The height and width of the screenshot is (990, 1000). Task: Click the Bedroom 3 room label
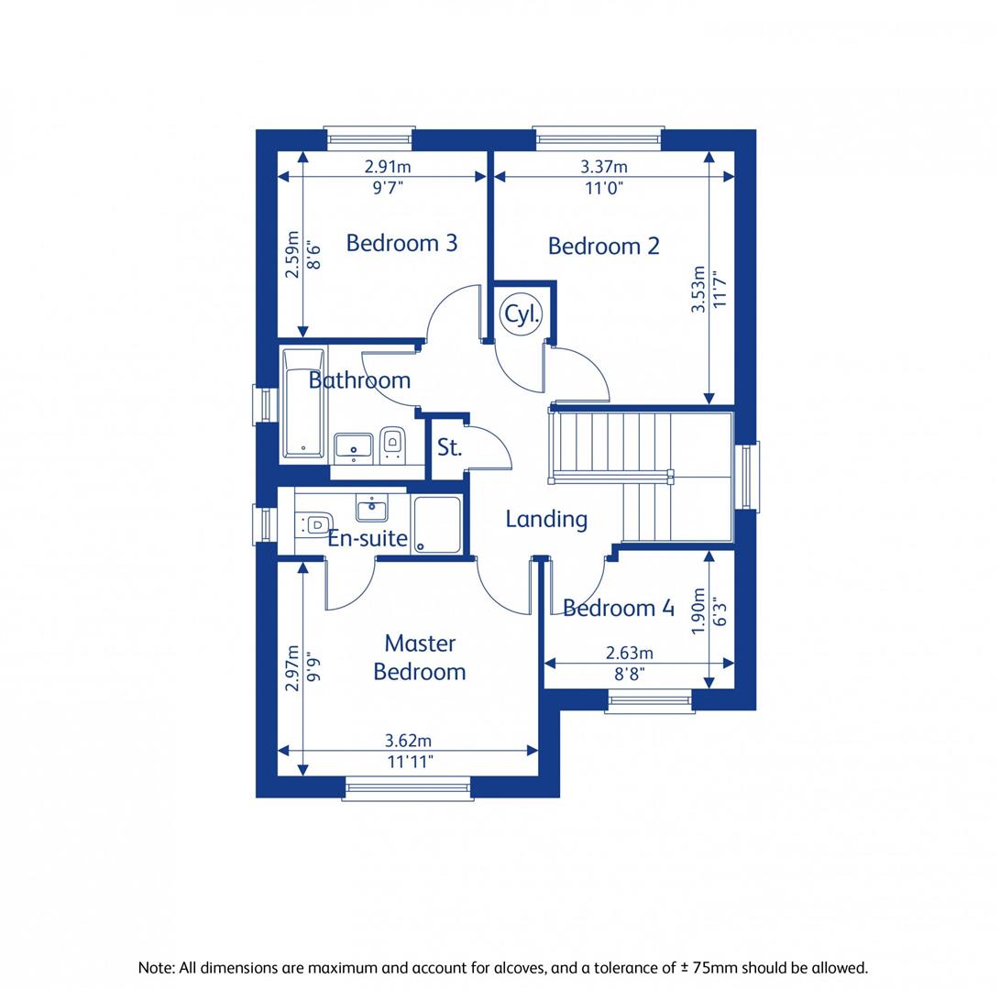click(x=401, y=243)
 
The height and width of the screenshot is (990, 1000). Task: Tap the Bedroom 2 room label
click(x=603, y=246)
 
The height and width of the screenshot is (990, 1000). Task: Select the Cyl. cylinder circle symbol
click(x=522, y=314)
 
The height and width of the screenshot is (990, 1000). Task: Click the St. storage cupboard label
click(x=449, y=448)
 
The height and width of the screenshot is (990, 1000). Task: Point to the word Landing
click(x=546, y=519)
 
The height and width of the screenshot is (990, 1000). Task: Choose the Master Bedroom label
click(x=420, y=657)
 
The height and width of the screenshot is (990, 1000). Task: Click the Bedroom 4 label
click(x=619, y=608)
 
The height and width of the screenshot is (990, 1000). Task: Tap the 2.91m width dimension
click(x=387, y=167)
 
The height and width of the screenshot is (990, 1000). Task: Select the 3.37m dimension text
click(x=604, y=167)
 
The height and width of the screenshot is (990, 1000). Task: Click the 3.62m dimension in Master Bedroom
click(x=409, y=741)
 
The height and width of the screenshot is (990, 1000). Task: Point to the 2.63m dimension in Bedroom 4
click(x=629, y=653)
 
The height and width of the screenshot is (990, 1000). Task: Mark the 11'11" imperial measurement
click(x=409, y=761)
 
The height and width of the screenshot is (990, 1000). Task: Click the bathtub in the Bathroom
click(x=302, y=403)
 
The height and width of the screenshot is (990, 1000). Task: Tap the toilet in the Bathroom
click(x=393, y=444)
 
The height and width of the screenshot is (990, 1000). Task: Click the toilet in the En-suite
click(x=313, y=523)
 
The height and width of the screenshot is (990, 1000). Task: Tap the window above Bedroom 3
click(x=369, y=137)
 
